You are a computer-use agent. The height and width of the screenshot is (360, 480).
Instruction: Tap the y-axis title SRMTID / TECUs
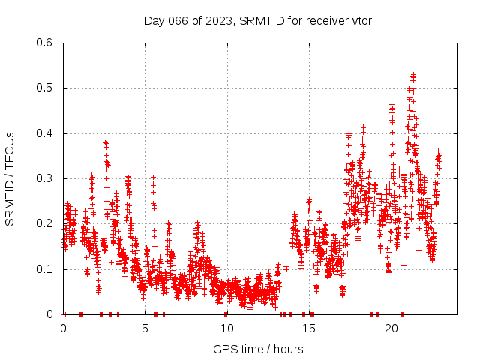[10, 178]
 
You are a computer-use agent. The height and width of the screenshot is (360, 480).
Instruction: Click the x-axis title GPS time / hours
[258, 349]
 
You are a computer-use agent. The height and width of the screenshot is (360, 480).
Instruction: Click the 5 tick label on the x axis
[145, 328]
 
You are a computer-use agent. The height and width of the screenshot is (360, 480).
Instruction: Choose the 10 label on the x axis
[227, 328]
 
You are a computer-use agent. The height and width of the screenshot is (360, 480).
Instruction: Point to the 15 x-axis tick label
[309, 328]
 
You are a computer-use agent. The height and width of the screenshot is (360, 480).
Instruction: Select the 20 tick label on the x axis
[391, 328]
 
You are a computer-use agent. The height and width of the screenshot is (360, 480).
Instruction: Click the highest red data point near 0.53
[414, 74]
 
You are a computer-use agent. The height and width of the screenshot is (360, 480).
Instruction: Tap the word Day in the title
[154, 19]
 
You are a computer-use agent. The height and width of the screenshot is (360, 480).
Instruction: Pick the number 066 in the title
[179, 19]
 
